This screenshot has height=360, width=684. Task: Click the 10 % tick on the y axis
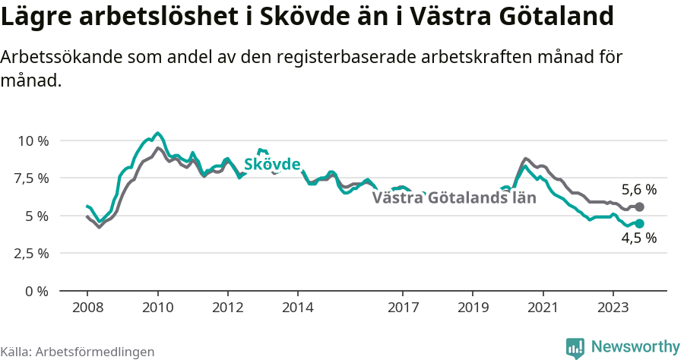(x=33, y=141)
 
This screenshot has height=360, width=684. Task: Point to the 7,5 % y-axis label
(x=30, y=178)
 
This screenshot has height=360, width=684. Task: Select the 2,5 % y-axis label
(x=30, y=253)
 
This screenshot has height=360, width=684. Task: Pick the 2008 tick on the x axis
(x=87, y=308)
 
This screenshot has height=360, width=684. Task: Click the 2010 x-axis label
(x=157, y=308)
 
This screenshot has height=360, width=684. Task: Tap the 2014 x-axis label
(x=298, y=308)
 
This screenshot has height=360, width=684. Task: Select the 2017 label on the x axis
(x=403, y=308)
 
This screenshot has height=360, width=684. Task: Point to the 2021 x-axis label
(x=543, y=308)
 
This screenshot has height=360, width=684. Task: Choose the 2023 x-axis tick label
(x=613, y=308)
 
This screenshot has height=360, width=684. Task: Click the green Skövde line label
(x=271, y=164)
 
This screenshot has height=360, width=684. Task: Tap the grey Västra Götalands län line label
(x=454, y=198)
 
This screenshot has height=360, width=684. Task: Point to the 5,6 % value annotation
(x=638, y=190)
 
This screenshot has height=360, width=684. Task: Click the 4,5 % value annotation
(x=638, y=238)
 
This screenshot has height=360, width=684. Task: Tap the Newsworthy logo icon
(x=575, y=348)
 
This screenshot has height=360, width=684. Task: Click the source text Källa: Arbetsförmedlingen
(x=78, y=352)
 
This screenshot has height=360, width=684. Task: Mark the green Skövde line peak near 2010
(x=157, y=133)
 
